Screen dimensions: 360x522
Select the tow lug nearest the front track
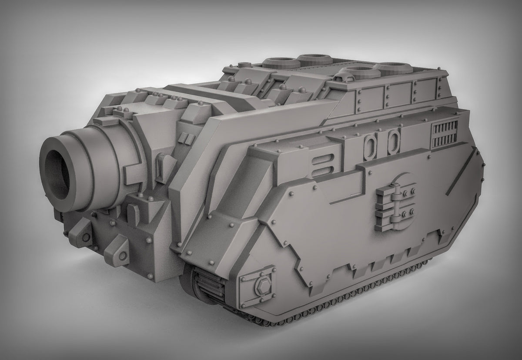pyautogui.click(x=116, y=252)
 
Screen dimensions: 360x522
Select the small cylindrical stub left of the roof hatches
pyautogui.click(x=245, y=65)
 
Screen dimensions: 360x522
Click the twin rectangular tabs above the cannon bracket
pyautogui.click(x=186, y=138)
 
